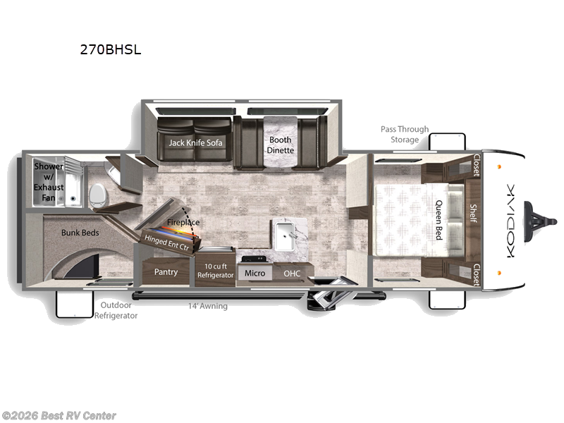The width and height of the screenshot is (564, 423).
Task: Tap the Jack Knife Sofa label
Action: pos(195,142)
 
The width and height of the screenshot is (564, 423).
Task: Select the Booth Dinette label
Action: pos(280,145)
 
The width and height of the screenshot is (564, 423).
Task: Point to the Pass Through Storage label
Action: pos(404,134)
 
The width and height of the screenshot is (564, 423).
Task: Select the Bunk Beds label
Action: pos(80,233)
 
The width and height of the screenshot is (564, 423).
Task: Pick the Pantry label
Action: pos(166,271)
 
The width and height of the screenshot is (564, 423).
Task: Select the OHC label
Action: pos(292,273)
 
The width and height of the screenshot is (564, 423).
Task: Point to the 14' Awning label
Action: pos(208,306)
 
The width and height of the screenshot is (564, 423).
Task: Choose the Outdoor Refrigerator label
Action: pos(116,310)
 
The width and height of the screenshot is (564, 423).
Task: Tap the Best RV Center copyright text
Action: pos(59,416)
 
